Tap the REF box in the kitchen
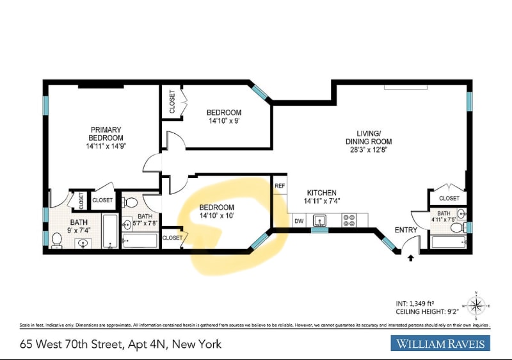pyautogui.click(x=280, y=186)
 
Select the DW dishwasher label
pyautogui.click(x=299, y=221)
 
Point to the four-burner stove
pyautogui.click(x=349, y=221)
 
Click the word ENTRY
pyautogui.click(x=406, y=230)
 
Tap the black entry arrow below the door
pyautogui.click(x=410, y=258)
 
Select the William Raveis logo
pyautogui.click(x=440, y=344)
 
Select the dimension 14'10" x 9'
pyautogui.click(x=223, y=120)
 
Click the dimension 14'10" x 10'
pyautogui.click(x=216, y=216)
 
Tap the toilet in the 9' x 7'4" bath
pyautogui.click(x=56, y=240)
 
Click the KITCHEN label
pyautogui.click(x=321, y=193)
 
